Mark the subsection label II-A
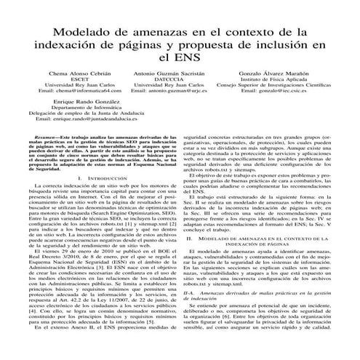tap(193, 271)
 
